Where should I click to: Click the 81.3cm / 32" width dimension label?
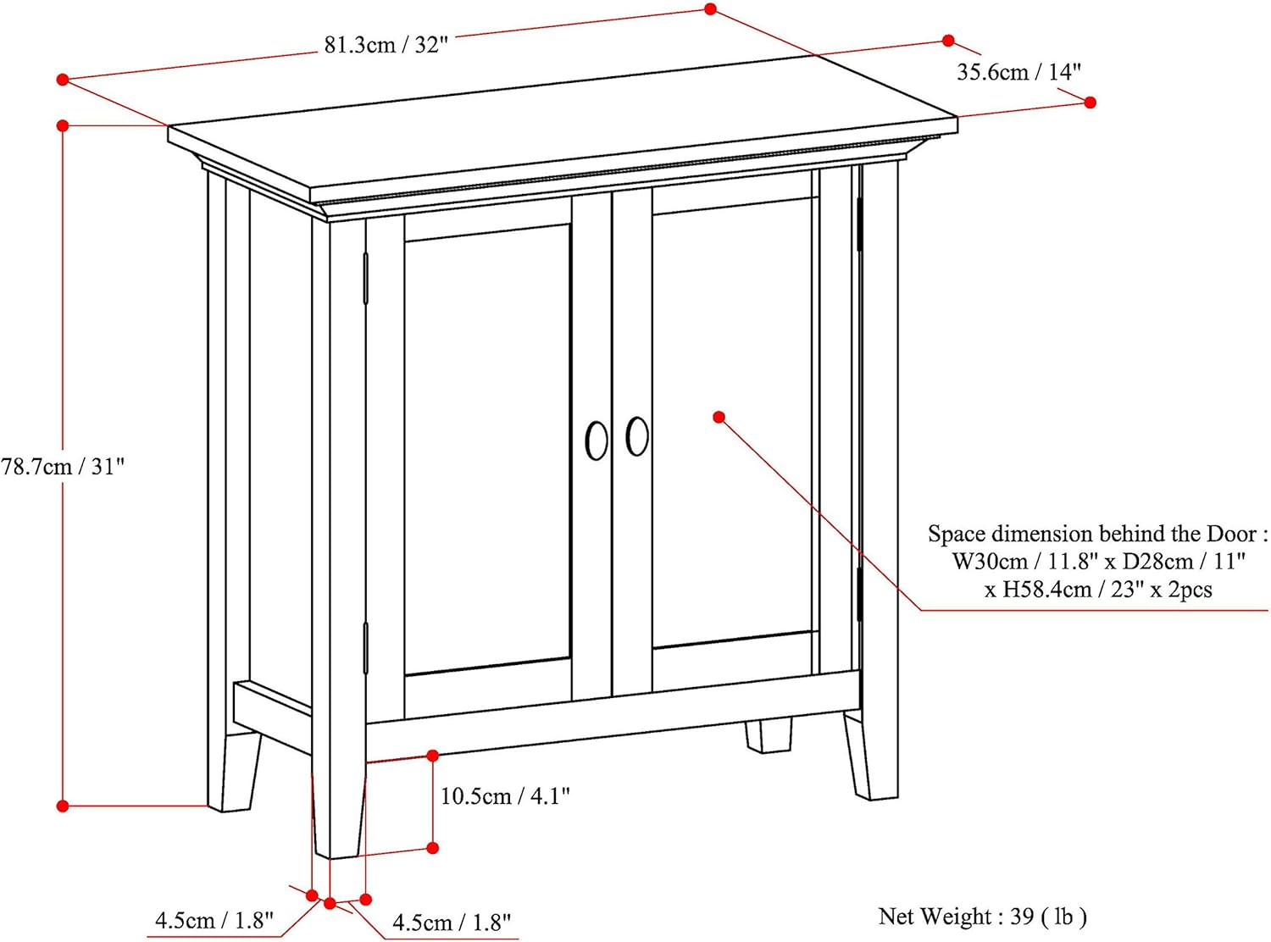(386, 45)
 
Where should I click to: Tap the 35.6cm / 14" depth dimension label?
(1019, 72)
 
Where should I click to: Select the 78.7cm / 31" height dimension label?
(63, 467)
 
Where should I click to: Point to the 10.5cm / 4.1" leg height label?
(505, 796)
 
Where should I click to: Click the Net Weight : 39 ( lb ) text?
(982, 917)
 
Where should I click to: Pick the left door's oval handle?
(597, 441)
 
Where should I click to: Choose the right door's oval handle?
(637, 436)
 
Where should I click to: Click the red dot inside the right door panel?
(719, 417)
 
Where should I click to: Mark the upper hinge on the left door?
(366, 277)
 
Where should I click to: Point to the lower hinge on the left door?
(366, 648)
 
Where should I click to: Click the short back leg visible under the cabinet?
(769, 735)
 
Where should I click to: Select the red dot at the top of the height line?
(63, 125)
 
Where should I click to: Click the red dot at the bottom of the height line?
(63, 806)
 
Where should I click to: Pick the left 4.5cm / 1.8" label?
(214, 921)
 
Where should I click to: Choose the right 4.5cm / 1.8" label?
(452, 923)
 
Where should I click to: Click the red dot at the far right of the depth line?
(1091, 103)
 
